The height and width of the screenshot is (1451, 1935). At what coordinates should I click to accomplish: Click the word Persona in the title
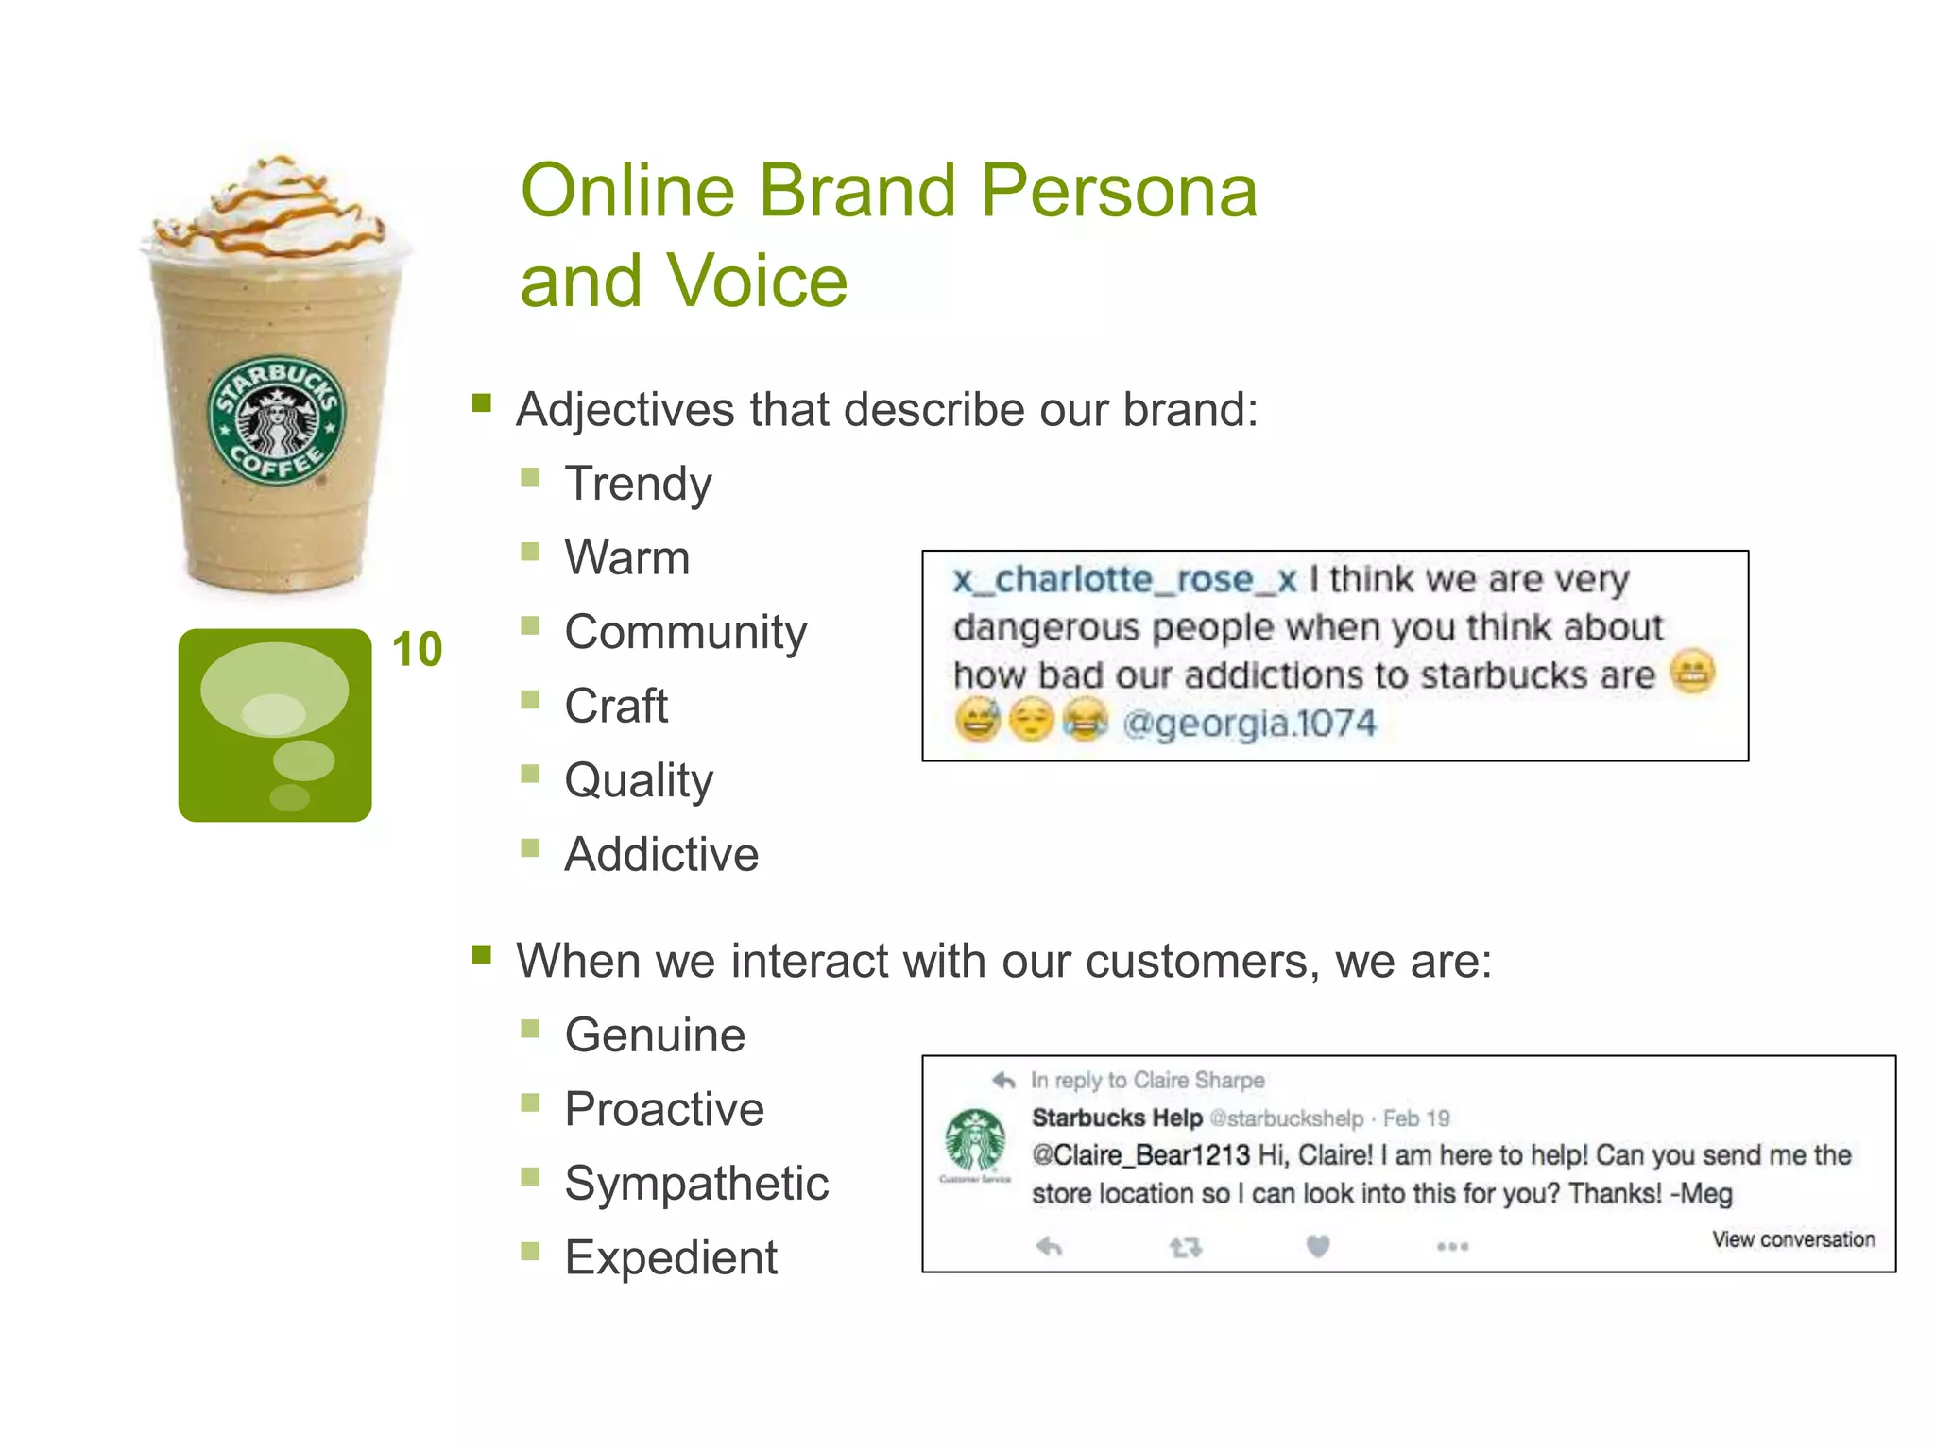click(x=1119, y=192)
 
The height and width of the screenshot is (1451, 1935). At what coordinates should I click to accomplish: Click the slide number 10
click(x=417, y=650)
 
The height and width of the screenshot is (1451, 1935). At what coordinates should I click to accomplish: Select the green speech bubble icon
click(x=275, y=725)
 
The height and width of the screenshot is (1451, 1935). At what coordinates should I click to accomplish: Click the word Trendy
click(x=638, y=484)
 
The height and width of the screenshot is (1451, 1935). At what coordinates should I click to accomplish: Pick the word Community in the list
click(x=685, y=632)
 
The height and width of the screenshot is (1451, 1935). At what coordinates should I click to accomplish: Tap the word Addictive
click(x=661, y=854)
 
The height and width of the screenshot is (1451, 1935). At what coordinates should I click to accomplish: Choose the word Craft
click(x=616, y=706)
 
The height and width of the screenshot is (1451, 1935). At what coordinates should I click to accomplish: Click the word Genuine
click(x=655, y=1034)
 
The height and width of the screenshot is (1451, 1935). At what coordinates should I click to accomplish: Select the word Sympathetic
click(x=696, y=1183)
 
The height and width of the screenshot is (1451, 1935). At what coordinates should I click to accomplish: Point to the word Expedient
click(x=671, y=1257)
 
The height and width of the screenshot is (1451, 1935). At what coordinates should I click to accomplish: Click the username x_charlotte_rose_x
click(x=1124, y=579)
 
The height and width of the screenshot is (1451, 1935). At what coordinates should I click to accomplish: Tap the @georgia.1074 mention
click(x=1249, y=724)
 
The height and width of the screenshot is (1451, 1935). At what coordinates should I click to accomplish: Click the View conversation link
click(x=1793, y=1239)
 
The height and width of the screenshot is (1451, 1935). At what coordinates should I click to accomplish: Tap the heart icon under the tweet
click(x=1318, y=1247)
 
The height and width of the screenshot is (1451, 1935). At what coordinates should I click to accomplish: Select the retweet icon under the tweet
click(x=1185, y=1248)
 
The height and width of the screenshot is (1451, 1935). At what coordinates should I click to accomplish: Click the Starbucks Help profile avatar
click(x=975, y=1140)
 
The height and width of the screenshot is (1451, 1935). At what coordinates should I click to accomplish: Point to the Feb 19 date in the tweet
click(x=1415, y=1118)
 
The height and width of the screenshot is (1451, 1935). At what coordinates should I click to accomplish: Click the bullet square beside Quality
click(x=530, y=774)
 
